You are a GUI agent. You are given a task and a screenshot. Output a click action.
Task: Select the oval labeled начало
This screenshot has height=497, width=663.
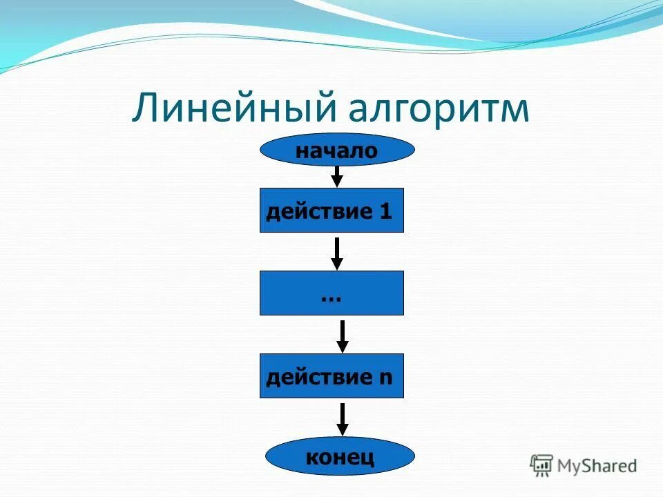point(337,150)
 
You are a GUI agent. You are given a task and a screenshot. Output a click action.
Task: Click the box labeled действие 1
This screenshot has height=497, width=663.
point(331,211)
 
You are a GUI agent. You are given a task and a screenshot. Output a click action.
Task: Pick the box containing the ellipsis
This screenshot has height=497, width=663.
point(331,293)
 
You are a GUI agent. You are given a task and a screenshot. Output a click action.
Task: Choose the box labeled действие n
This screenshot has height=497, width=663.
point(331,376)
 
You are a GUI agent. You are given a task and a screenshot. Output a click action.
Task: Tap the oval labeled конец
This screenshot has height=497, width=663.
point(340,456)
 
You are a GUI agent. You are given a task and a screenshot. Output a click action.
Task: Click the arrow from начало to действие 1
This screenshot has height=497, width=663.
point(337,177)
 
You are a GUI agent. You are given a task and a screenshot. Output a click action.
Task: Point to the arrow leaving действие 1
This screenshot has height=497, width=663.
point(337,253)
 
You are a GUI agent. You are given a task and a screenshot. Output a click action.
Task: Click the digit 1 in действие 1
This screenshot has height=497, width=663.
point(385,211)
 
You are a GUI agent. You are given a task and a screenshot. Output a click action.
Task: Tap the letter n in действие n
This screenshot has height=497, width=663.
point(385,378)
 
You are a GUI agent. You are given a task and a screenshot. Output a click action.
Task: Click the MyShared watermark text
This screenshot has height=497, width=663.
point(597,466)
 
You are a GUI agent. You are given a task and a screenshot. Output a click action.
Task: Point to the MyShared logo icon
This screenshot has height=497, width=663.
point(541,466)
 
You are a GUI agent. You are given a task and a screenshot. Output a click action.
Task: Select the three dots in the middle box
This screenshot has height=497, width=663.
point(331,298)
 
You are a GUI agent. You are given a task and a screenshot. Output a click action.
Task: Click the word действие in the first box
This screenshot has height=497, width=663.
point(319,211)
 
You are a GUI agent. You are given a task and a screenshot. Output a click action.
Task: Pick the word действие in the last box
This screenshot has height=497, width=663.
point(319,377)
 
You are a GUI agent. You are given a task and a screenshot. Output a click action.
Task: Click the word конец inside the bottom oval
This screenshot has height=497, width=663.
point(340,456)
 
